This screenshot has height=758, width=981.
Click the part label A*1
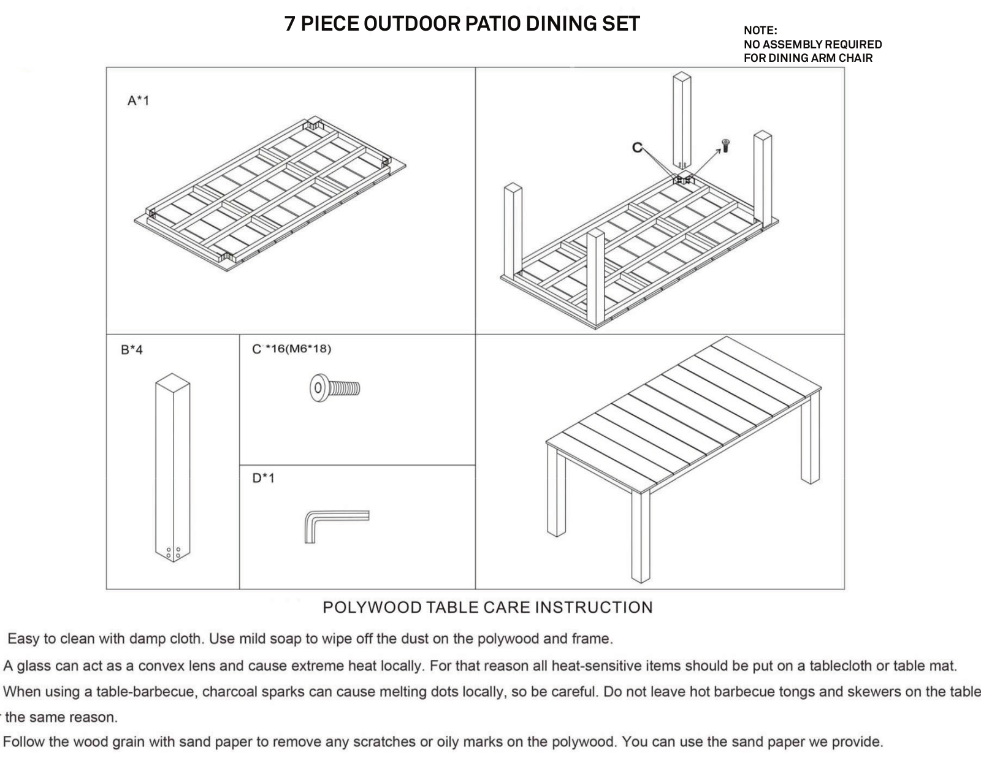click(x=138, y=100)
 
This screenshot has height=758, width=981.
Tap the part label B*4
click(x=132, y=350)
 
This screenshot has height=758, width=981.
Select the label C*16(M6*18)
click(x=292, y=349)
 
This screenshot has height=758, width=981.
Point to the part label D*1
click(x=263, y=478)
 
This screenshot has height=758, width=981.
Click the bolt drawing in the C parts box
click(x=335, y=388)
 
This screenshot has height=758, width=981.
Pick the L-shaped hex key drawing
click(x=337, y=526)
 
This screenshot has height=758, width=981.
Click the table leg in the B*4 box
click(x=172, y=468)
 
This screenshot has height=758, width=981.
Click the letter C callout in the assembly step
click(x=637, y=148)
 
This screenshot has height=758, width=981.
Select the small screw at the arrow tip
click(x=725, y=146)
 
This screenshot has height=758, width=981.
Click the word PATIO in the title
click(x=489, y=24)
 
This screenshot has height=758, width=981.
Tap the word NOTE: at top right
click(x=761, y=31)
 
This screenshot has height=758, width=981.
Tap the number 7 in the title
click(x=290, y=24)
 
